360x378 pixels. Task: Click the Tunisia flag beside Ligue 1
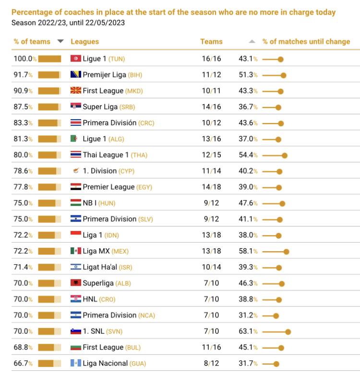click(x=75, y=59)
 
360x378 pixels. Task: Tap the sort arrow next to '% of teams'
click(x=60, y=41)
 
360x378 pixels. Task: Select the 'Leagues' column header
click(x=84, y=42)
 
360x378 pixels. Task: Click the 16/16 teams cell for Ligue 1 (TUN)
click(x=211, y=59)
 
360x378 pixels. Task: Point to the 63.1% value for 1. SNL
click(x=248, y=331)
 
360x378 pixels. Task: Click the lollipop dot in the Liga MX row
click(x=286, y=251)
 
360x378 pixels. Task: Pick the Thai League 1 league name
click(x=106, y=155)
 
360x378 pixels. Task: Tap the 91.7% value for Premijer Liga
click(x=23, y=75)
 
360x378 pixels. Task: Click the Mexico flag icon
click(x=75, y=251)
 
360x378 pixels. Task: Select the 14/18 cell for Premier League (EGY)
click(x=211, y=187)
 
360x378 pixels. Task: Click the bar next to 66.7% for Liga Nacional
click(x=49, y=364)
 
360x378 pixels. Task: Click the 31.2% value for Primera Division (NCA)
click(x=248, y=315)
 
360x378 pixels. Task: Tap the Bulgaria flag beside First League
click(x=75, y=347)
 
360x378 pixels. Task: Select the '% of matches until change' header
click(x=306, y=42)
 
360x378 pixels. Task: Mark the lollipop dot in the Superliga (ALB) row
click(x=282, y=283)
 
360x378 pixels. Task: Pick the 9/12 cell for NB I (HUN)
click(x=211, y=203)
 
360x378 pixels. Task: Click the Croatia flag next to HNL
click(x=75, y=299)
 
